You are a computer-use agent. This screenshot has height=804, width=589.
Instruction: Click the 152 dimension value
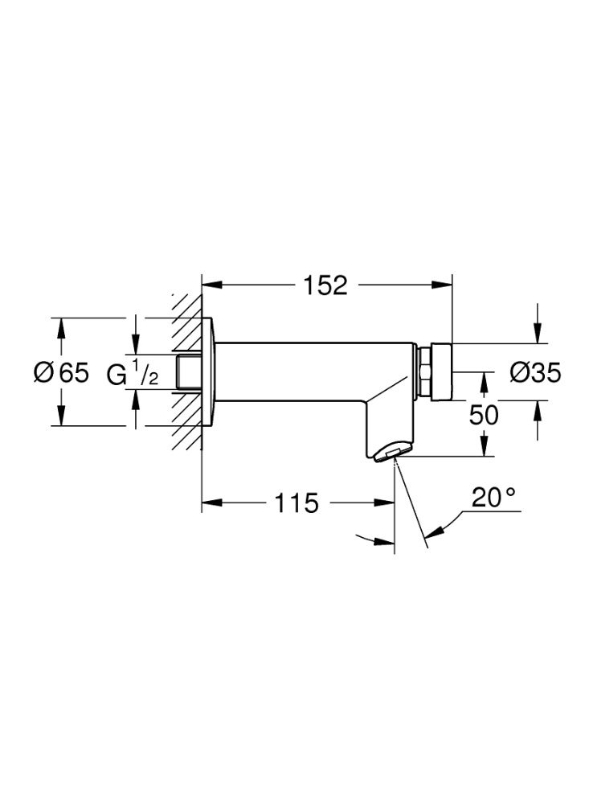tap(325, 285)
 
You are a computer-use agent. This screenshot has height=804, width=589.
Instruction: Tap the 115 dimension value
tap(297, 503)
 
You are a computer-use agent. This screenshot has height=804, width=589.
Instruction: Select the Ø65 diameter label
tap(61, 372)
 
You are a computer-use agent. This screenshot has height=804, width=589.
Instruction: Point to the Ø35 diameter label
tap(535, 372)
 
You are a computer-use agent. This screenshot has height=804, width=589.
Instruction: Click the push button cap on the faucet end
tap(442, 371)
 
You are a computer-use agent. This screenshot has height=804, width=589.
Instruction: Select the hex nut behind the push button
tap(424, 371)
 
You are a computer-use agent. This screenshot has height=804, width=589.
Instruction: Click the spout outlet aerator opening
tap(388, 453)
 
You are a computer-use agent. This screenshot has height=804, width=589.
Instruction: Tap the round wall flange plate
tap(209, 372)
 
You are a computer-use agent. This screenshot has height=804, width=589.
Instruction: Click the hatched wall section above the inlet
tap(186, 324)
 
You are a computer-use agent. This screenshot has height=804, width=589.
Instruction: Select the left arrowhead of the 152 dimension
tap(211, 285)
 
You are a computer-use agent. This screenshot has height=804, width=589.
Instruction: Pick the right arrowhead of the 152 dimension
tap(443, 285)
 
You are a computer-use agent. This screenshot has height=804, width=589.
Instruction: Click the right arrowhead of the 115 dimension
tap(384, 503)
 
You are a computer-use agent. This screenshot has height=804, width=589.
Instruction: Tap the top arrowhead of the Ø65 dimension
tap(61, 328)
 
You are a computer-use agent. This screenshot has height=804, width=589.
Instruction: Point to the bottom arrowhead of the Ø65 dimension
tap(61, 416)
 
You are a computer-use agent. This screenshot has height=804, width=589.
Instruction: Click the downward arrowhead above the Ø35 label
tap(537, 334)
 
